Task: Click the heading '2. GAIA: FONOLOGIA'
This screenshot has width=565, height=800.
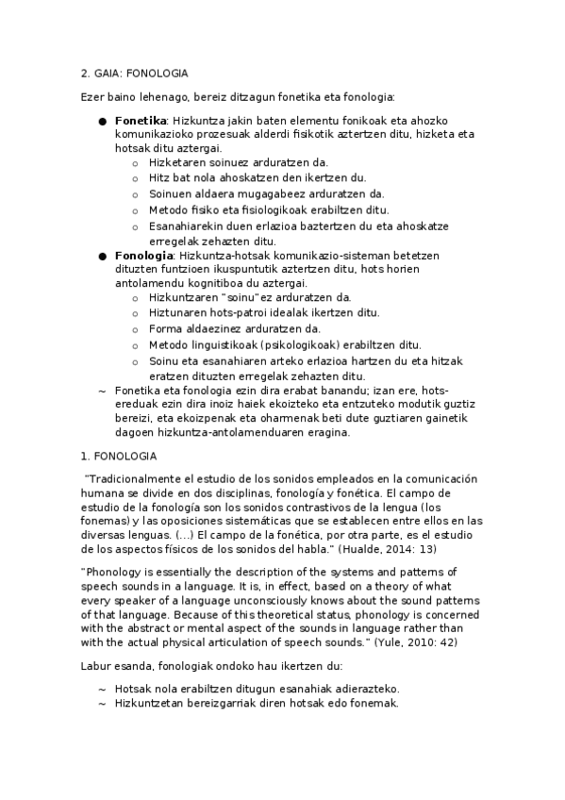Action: click(134, 73)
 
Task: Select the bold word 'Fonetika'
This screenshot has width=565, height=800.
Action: click(141, 121)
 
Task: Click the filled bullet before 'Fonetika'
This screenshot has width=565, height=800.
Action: click(101, 121)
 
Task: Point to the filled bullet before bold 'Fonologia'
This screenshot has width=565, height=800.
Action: click(101, 256)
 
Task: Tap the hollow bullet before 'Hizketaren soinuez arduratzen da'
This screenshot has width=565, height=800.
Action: click(136, 162)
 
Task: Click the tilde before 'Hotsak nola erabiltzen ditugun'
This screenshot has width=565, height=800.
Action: click(101, 689)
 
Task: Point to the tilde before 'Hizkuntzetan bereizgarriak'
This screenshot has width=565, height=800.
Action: click(101, 704)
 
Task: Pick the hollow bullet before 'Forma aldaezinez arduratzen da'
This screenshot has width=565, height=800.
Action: click(136, 328)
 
